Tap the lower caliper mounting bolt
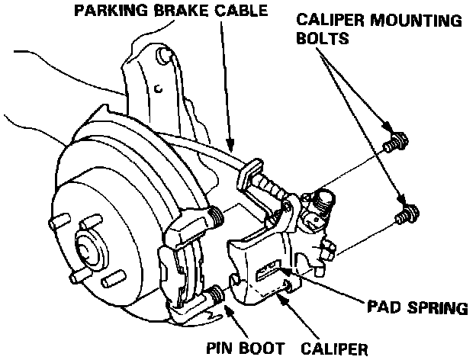408,213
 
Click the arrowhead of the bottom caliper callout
281,292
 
